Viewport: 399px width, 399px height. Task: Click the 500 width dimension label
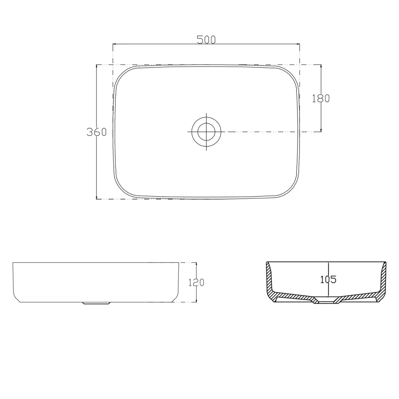[x=206, y=40]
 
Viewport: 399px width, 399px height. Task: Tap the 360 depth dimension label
[x=97, y=132]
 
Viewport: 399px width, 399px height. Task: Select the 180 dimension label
[x=321, y=99]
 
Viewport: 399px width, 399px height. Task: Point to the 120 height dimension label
[x=196, y=282]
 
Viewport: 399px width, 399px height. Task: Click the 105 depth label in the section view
[x=328, y=280]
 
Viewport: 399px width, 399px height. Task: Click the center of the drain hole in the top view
[x=206, y=132]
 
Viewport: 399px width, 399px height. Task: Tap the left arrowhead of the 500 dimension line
[x=114, y=44]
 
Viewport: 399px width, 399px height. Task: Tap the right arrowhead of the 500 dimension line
[x=298, y=44]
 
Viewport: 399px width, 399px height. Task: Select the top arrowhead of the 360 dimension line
[x=97, y=66]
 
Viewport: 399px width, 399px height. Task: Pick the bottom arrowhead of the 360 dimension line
[x=97, y=197]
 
